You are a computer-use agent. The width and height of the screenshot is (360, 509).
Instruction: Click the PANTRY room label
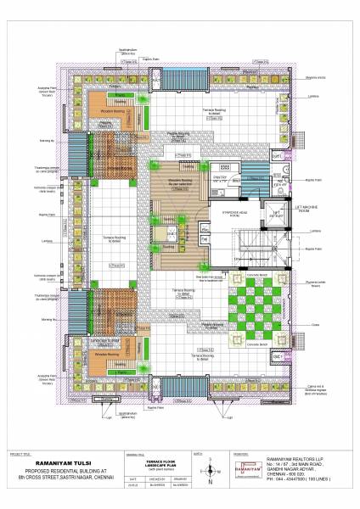pos(219,176)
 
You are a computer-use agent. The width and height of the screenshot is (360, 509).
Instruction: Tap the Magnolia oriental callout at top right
pos(317,77)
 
